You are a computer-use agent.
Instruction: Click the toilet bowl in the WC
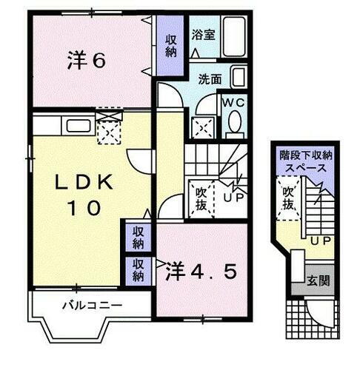pos(236,122)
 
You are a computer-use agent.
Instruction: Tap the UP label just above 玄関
pos(320,242)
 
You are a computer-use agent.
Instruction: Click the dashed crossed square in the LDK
pos(108,130)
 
